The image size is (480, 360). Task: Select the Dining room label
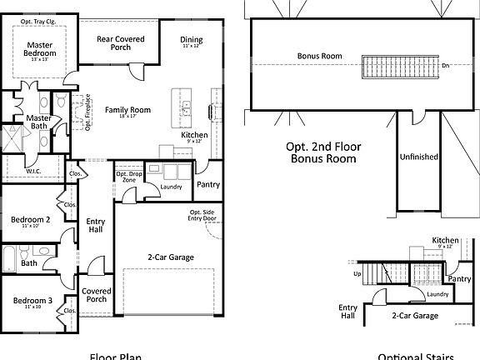192,39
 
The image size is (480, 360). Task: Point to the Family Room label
127,110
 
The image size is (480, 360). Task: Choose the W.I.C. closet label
34,172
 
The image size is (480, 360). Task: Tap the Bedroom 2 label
31,220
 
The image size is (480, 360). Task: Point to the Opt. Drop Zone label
127,177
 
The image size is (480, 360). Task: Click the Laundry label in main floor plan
171,187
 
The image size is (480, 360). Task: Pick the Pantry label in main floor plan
207,184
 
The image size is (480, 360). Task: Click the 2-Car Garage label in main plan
170,257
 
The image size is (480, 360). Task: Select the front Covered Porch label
97,295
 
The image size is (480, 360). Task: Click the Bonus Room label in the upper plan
320,57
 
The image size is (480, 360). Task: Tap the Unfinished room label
418,157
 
